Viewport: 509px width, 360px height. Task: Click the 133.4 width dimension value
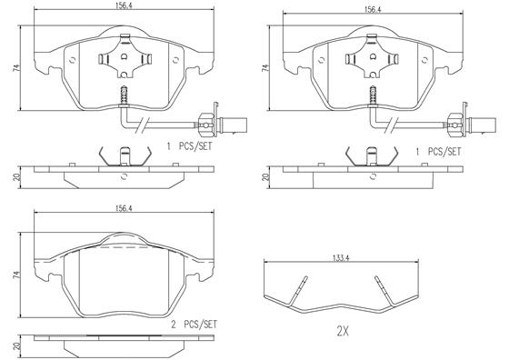point(341,258)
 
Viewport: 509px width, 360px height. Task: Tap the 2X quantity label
point(343,332)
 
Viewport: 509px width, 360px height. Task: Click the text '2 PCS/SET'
point(194,325)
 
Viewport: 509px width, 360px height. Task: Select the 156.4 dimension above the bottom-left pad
point(124,208)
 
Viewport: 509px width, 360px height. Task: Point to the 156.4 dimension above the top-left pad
point(124,6)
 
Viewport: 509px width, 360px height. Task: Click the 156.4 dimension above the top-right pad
point(373,9)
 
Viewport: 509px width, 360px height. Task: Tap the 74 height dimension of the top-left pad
point(16,68)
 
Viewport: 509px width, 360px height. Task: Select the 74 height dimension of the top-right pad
point(265,68)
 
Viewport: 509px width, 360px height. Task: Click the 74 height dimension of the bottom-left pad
point(16,275)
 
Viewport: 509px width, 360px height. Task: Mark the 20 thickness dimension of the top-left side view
point(17,177)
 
